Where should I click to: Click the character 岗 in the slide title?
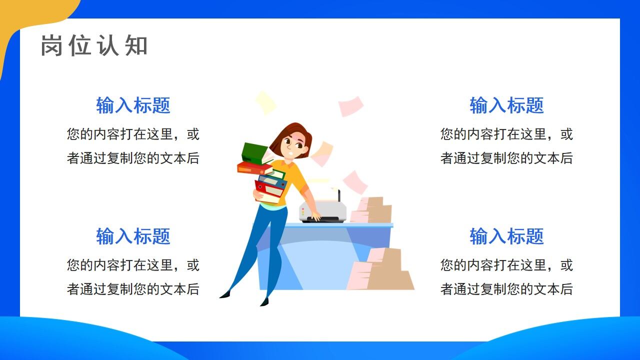tap(51, 45)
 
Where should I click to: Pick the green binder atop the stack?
tap(254, 152)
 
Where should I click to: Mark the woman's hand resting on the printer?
tap(315, 216)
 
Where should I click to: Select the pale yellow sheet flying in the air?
tap(265, 102)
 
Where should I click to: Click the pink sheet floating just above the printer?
tap(355, 182)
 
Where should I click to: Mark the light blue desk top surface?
tap(340, 225)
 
